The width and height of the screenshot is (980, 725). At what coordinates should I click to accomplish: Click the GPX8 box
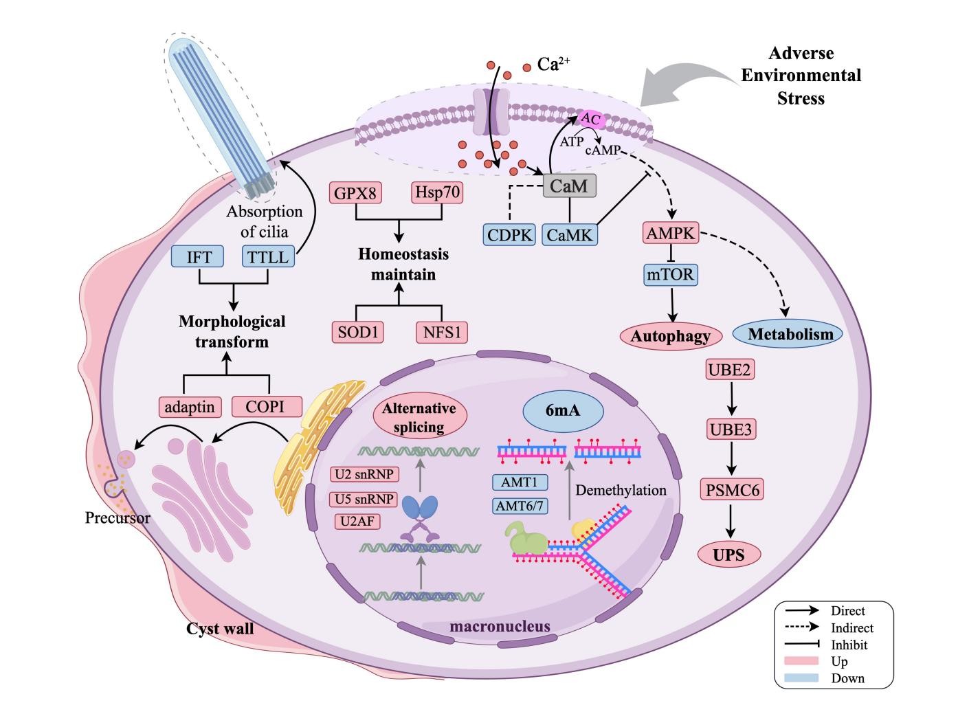tap(355, 192)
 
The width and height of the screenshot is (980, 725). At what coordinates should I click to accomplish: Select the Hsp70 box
tap(438, 192)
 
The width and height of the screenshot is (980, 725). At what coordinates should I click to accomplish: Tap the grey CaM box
tap(570, 186)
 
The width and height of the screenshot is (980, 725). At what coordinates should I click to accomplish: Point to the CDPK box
tap(509, 234)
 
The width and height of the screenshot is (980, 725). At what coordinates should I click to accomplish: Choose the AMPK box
tap(671, 234)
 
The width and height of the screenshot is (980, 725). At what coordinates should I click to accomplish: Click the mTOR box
tap(671, 276)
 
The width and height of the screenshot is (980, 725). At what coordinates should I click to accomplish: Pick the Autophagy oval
tap(671, 336)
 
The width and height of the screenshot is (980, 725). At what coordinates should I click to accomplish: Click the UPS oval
tap(729, 554)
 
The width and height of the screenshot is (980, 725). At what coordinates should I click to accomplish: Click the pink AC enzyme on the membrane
tap(591, 120)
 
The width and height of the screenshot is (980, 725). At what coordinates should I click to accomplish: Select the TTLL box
tap(269, 258)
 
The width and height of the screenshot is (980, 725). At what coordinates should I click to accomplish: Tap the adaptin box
tap(190, 407)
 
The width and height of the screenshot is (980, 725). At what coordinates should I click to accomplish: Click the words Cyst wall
tap(220, 628)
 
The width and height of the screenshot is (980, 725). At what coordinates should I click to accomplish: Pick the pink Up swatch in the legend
tap(801, 661)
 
